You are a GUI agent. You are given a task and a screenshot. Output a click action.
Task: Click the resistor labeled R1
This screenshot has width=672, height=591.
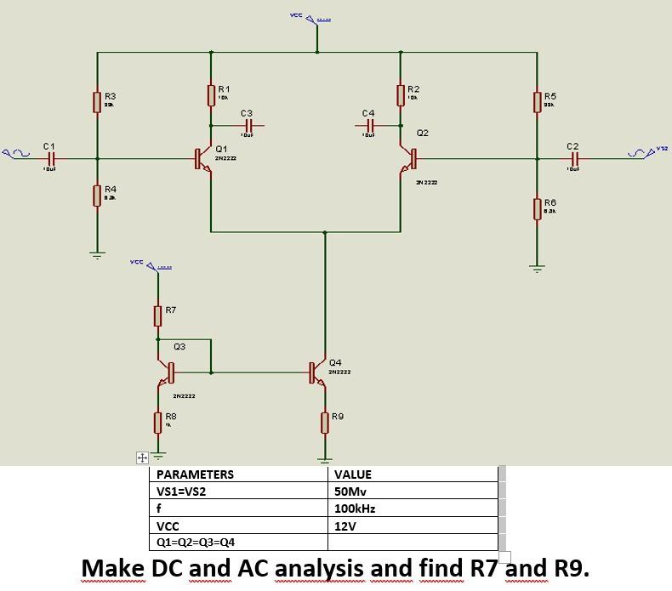point(210,94)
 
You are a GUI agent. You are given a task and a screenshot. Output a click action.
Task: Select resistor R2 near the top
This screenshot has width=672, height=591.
point(401,94)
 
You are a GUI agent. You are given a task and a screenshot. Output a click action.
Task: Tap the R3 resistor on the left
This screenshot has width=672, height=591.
point(97,102)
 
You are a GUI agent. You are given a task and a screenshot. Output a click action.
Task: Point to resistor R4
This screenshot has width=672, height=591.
point(97,195)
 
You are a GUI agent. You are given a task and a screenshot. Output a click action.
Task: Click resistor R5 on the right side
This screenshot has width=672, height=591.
point(537,102)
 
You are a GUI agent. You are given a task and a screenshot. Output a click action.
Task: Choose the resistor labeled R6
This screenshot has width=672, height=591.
point(537,208)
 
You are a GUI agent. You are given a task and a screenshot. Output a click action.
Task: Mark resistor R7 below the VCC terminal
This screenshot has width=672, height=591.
point(157,315)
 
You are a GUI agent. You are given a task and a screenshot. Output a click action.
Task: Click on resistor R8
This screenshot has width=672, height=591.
point(157,421)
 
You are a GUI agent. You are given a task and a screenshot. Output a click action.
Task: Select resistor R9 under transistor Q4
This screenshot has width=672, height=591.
point(324,421)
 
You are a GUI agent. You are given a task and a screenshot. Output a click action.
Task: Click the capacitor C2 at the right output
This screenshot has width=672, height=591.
point(574,158)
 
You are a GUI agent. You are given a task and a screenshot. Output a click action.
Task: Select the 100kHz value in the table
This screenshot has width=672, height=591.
point(356,509)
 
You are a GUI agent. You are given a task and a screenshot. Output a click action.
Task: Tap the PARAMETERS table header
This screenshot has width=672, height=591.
point(195,475)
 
